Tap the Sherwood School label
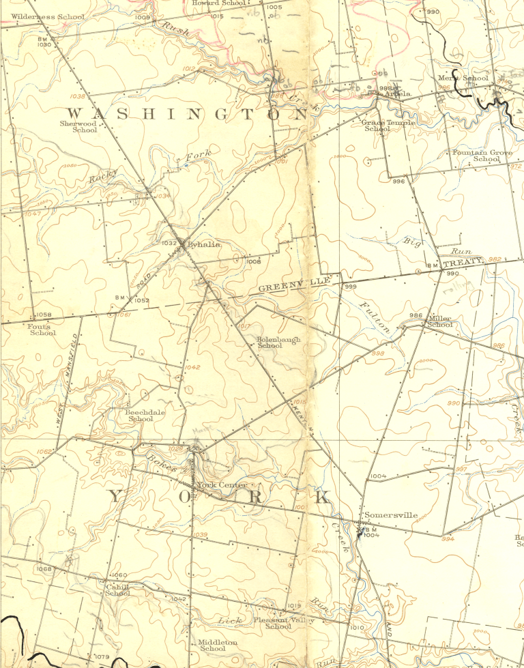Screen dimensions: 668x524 [78, 126]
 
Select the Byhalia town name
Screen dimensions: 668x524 [204, 244]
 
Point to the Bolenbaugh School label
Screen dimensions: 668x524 [278, 342]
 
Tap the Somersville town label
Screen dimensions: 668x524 [391, 515]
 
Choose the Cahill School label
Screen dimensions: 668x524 [117, 590]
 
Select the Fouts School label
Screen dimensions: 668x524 [43, 329]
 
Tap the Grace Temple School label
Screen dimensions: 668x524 [387, 125]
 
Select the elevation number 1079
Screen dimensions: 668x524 [102, 656]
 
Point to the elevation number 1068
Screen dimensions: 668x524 [44, 569]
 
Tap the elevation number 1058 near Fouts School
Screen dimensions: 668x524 [44, 315]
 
